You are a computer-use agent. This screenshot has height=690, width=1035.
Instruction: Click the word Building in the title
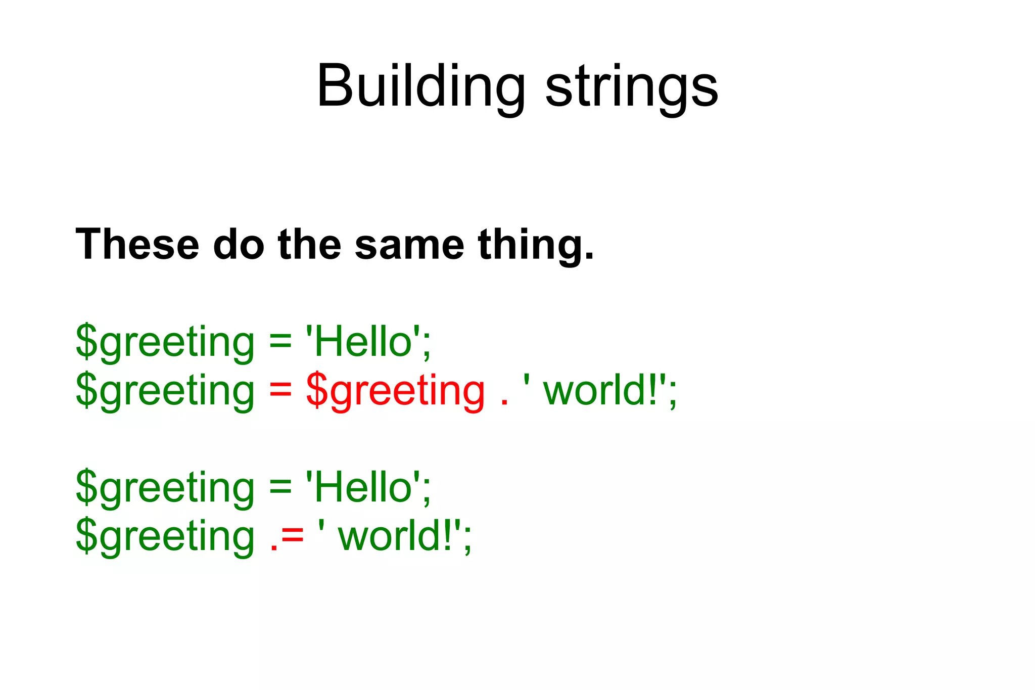421,86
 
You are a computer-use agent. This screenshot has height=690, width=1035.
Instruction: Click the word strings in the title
632,86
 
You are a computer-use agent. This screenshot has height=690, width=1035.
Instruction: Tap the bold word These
137,245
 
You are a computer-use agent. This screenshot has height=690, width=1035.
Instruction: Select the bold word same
409,245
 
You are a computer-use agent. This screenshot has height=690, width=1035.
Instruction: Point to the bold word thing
536,245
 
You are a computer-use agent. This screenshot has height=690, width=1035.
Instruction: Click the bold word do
239,245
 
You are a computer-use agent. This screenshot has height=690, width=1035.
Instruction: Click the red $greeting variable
395,391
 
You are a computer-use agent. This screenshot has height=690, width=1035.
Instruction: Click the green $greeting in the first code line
165,342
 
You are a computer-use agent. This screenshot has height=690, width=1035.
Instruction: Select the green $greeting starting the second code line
165,391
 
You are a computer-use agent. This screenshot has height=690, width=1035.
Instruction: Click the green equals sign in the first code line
280,342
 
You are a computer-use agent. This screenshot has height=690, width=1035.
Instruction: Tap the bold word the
309,245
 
